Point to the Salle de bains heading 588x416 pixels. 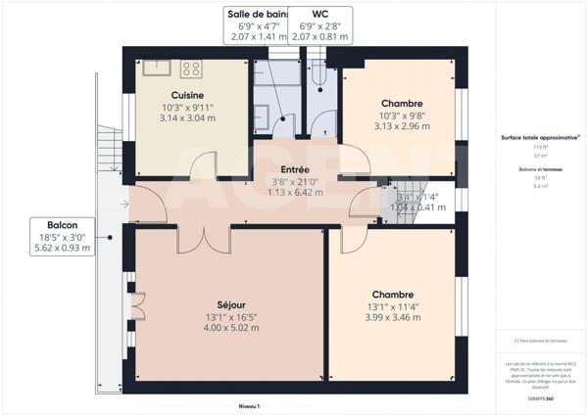tap(258, 15)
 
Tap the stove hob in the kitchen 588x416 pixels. tap(191, 69)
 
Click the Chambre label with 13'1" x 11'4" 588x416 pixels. tap(392, 295)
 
